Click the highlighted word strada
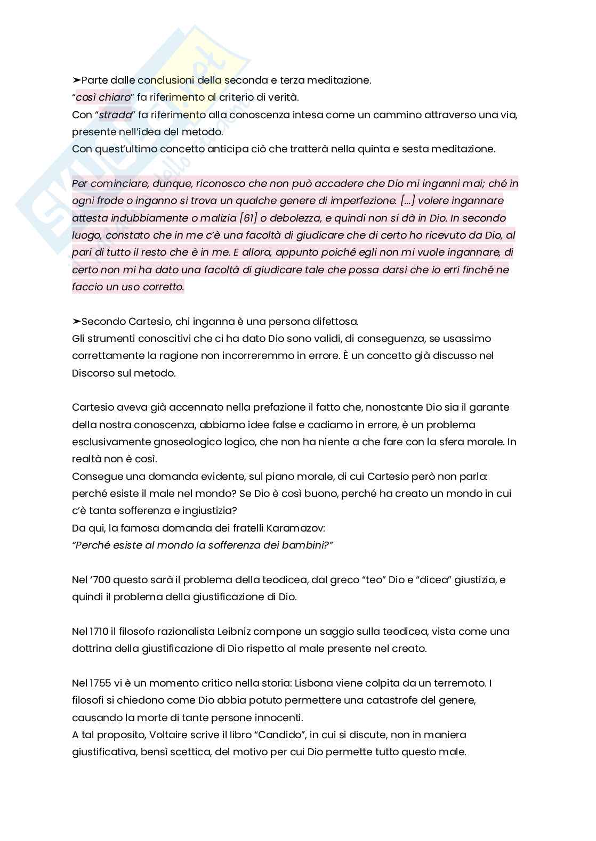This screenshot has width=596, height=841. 116,115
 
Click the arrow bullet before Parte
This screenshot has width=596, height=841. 76,80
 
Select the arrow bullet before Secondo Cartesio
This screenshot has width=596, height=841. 76,322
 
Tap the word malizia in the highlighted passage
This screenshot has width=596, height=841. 219,218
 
